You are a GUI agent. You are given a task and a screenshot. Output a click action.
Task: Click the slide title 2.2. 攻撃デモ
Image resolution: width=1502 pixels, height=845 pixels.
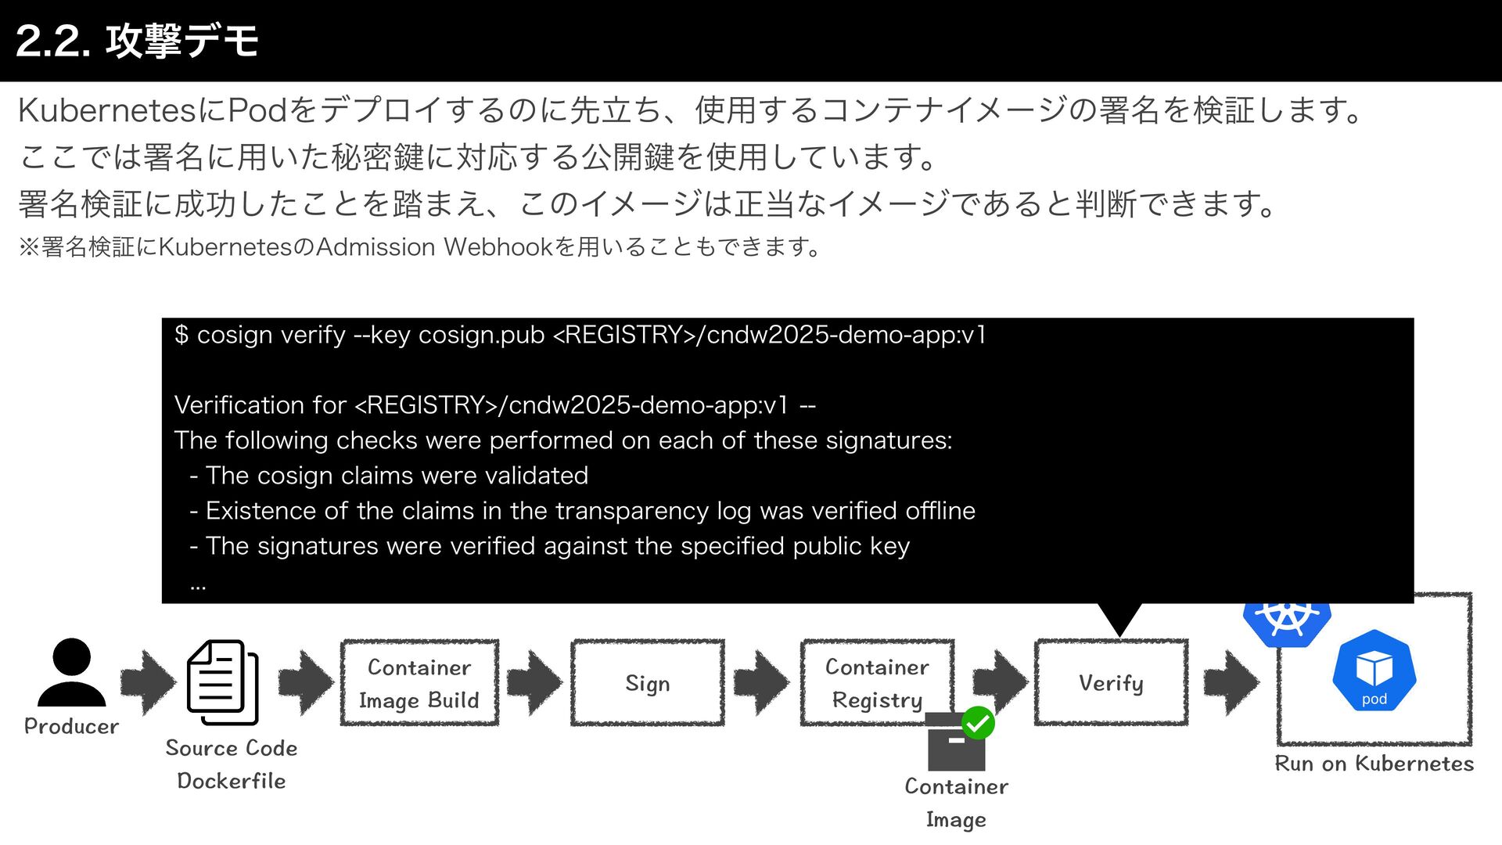(137, 41)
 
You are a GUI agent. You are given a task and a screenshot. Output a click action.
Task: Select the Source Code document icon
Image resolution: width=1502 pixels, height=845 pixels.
(222, 682)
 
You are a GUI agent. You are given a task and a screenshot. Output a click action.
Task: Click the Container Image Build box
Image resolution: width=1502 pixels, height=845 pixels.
(419, 683)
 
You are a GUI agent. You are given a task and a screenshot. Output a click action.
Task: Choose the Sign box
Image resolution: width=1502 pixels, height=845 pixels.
(648, 683)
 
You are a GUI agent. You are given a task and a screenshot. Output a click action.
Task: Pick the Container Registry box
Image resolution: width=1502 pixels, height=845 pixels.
(877, 683)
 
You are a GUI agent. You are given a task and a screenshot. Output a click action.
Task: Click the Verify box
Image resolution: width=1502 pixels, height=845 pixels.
(1111, 683)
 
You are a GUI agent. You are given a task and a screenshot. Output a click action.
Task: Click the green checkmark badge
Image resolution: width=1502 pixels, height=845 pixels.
(978, 723)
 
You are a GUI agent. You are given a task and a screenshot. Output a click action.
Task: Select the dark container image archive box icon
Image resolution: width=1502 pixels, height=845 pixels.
(955, 743)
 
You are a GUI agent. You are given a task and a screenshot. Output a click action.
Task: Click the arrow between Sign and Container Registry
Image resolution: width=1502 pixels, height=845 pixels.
(761, 683)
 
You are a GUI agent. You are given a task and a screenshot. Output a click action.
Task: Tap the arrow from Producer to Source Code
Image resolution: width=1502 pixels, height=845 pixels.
(148, 682)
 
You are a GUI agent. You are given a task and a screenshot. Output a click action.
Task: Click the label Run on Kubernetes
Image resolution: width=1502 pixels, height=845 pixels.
(1374, 764)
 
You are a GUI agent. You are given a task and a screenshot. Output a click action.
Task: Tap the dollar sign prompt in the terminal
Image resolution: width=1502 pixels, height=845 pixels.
(181, 335)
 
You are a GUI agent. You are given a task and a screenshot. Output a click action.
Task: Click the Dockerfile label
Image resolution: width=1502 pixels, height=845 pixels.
(231, 781)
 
